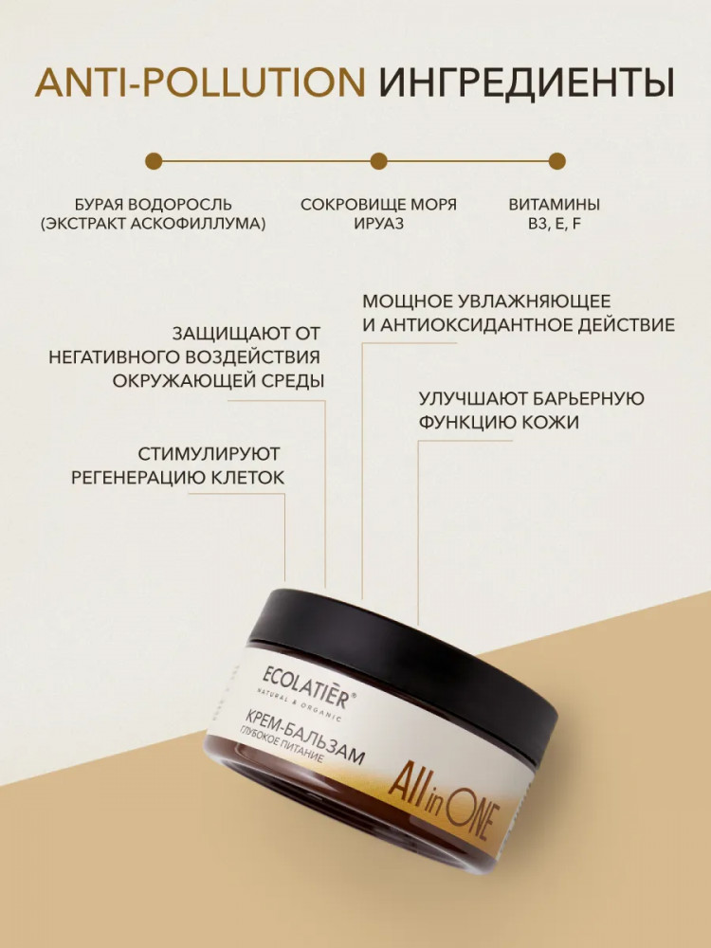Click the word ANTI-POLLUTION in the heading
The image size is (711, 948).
click(x=200, y=82)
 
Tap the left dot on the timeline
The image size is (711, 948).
click(x=154, y=161)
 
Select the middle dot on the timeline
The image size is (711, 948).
click(x=378, y=161)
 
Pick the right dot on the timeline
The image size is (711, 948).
click(x=556, y=161)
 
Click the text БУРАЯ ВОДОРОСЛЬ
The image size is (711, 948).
click(x=154, y=205)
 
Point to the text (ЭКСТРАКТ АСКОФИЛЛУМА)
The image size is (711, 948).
click(x=154, y=224)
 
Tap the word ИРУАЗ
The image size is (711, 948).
click(x=378, y=224)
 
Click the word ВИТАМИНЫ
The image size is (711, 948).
click(x=555, y=205)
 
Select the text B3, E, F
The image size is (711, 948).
click(x=555, y=224)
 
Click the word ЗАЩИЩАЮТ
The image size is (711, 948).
click(x=225, y=333)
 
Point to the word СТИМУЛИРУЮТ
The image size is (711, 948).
click(x=209, y=453)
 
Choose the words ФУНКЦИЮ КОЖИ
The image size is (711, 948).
click(x=499, y=422)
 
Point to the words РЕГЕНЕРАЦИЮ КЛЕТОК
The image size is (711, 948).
click(x=177, y=478)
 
